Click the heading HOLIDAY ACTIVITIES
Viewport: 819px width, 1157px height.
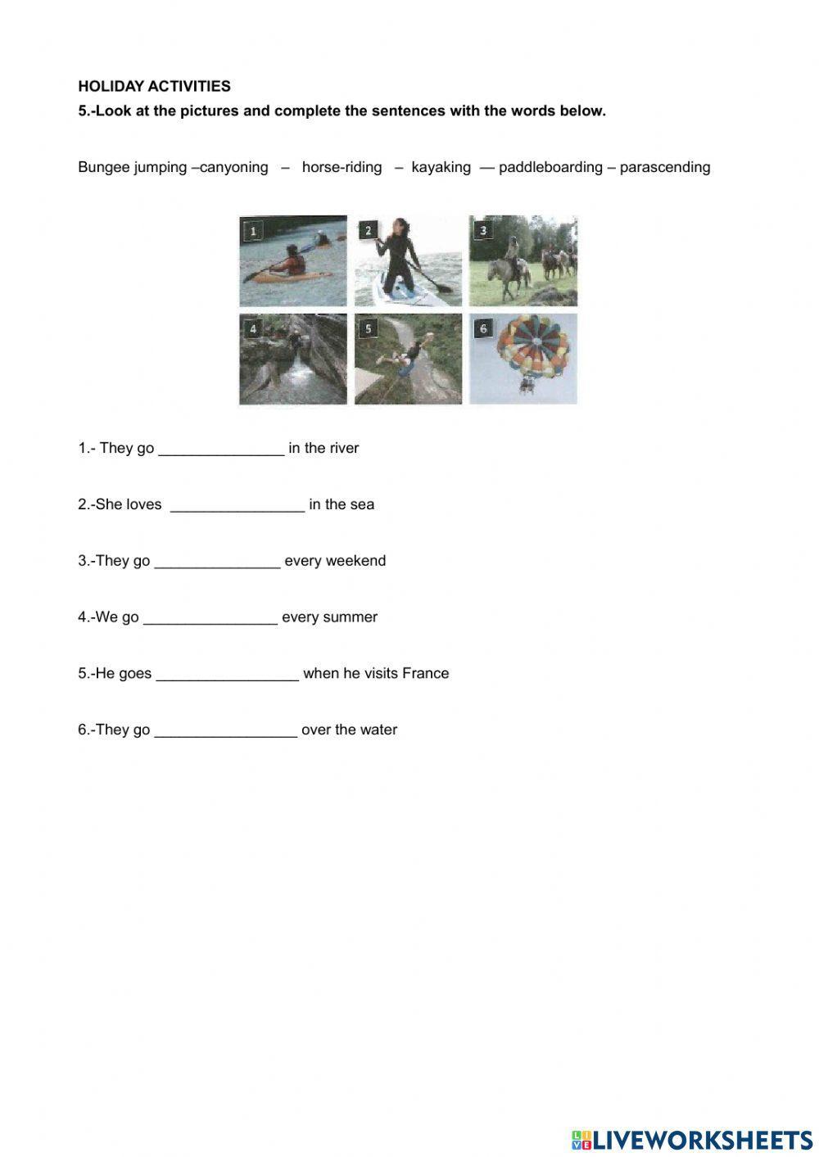(x=154, y=86)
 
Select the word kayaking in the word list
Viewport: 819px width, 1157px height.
(x=441, y=167)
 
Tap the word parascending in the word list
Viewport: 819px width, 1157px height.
(x=664, y=167)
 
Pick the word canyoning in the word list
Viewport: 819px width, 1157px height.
(x=234, y=167)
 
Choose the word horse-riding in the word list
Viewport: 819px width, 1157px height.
(x=342, y=167)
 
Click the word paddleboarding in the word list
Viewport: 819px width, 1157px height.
(x=550, y=167)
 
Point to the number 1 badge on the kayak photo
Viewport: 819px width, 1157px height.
(x=253, y=230)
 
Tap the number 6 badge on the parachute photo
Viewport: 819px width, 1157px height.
(x=483, y=328)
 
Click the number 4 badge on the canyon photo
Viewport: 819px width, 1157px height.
(x=253, y=328)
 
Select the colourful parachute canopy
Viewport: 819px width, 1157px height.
(x=533, y=345)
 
